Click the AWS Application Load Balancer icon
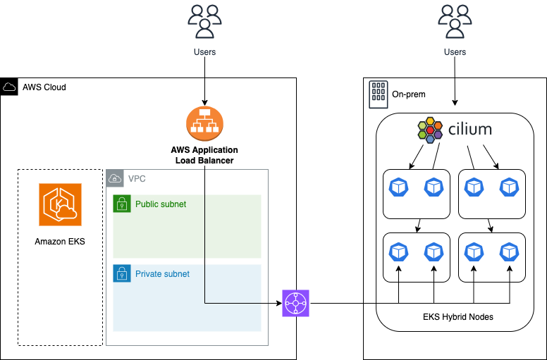[204, 124]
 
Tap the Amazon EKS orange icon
[60, 204]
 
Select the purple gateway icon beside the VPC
[295, 303]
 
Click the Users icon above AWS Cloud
[204, 20]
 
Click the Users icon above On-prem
[455, 20]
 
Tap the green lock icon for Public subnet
[122, 204]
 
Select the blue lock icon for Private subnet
[122, 273]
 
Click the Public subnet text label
[161, 204]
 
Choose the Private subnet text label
[162, 273]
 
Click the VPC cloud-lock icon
[115, 178]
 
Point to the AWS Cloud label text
[44, 87]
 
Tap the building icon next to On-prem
[378, 93]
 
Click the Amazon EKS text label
[60, 242]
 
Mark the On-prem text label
[409, 94]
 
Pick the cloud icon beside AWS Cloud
[10, 87]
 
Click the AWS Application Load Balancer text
[204, 155]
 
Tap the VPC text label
[137, 178]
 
